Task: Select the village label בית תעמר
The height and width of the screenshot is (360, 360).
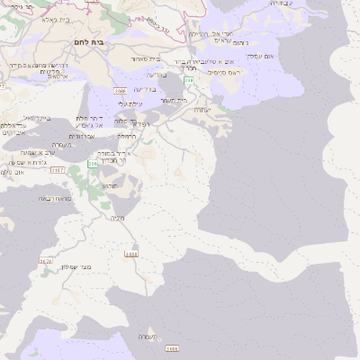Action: (172, 100)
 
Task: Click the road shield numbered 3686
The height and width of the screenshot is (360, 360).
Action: (120, 91)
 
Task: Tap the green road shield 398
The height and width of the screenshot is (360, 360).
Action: (188, 80)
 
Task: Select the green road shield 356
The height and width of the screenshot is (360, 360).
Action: (92, 164)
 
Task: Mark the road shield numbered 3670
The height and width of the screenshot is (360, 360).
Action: (46, 262)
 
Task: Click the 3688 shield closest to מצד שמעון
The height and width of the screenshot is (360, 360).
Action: (131, 255)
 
